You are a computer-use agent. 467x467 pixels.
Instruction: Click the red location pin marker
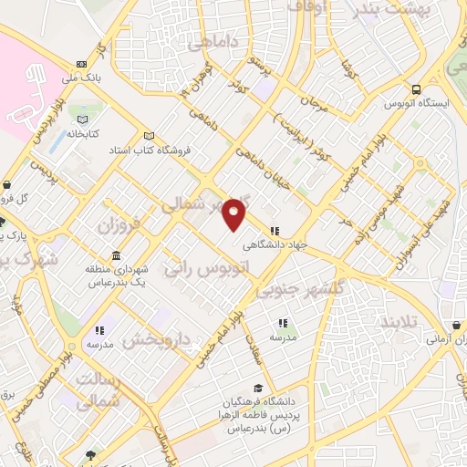(235, 213)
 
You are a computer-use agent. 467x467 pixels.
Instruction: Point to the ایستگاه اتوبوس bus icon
(417, 90)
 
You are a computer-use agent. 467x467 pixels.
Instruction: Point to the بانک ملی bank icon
(82, 64)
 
